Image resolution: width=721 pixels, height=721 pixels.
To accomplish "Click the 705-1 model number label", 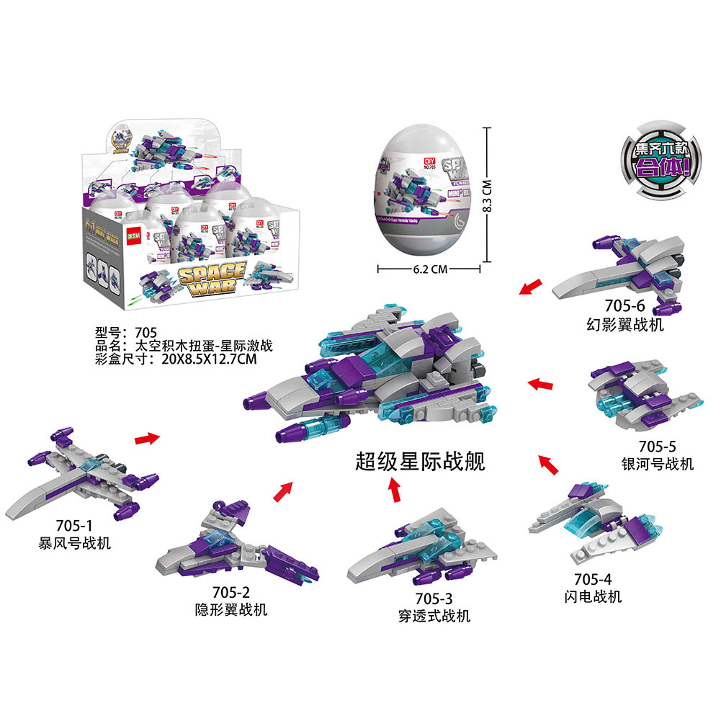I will [x=76, y=527].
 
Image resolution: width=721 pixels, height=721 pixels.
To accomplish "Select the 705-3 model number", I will [x=434, y=599].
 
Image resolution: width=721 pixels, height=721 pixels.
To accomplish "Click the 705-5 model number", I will [x=657, y=447].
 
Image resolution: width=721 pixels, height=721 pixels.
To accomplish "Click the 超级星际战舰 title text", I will [x=421, y=461].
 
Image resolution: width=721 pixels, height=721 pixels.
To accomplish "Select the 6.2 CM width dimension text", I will [x=430, y=269].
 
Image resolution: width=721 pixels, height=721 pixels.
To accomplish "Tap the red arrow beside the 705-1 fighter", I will [x=146, y=437].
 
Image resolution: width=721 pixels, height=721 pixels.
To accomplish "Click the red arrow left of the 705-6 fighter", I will [x=530, y=288].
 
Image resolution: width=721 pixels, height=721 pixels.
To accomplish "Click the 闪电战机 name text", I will [x=593, y=596].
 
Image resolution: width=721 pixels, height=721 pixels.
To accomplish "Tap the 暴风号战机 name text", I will [x=75, y=543].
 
